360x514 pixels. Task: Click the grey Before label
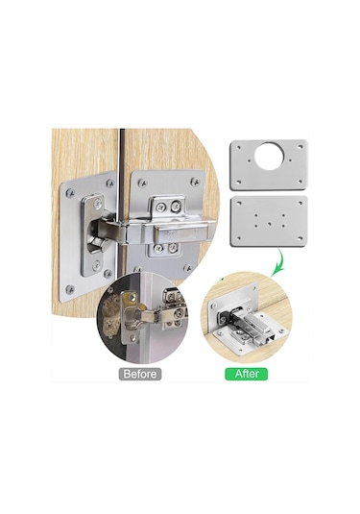point(140,374)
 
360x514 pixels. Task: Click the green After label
point(247,374)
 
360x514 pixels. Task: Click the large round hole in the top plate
point(269,156)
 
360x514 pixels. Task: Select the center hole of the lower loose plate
point(269,224)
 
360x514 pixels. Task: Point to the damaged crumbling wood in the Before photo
point(110,316)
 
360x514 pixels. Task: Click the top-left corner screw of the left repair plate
point(70,193)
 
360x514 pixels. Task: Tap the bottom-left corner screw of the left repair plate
point(69,289)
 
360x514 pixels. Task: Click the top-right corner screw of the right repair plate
point(195,181)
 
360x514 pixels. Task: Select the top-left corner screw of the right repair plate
point(142,183)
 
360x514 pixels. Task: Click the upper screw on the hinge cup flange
point(98,204)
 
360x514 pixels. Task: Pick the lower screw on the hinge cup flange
point(96,265)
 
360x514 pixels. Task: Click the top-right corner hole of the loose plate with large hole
point(300,147)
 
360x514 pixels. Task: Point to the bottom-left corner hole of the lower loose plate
point(239,238)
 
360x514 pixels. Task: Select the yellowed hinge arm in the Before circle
point(144,315)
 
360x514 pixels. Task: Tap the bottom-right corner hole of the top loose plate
point(300,181)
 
